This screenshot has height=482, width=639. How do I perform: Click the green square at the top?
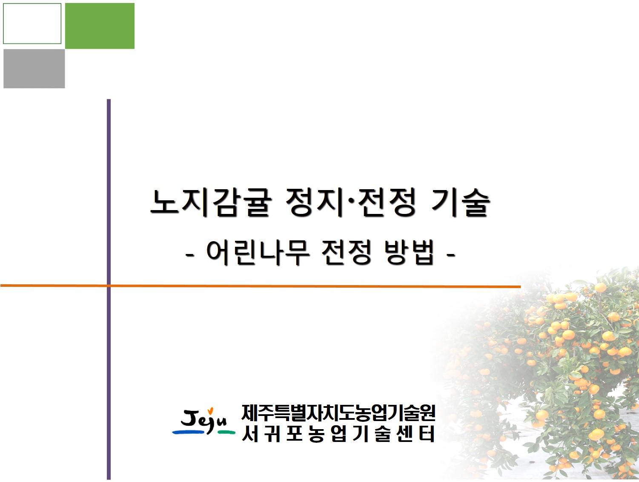tap(100, 26)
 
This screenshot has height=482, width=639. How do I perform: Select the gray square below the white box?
tap(34, 69)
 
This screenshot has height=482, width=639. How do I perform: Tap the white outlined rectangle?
tap(32, 23)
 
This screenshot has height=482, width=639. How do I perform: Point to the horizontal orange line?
tap(298, 286)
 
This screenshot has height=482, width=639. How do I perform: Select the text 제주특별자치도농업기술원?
tap(338, 412)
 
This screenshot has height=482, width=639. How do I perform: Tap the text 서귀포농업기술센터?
tap(338, 434)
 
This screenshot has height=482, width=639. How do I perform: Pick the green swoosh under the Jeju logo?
tap(226, 432)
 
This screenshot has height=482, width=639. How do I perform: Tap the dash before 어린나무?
tap(190, 256)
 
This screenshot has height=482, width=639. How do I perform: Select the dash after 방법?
tap(450, 256)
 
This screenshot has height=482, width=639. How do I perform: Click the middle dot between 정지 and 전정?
tap(351, 203)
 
